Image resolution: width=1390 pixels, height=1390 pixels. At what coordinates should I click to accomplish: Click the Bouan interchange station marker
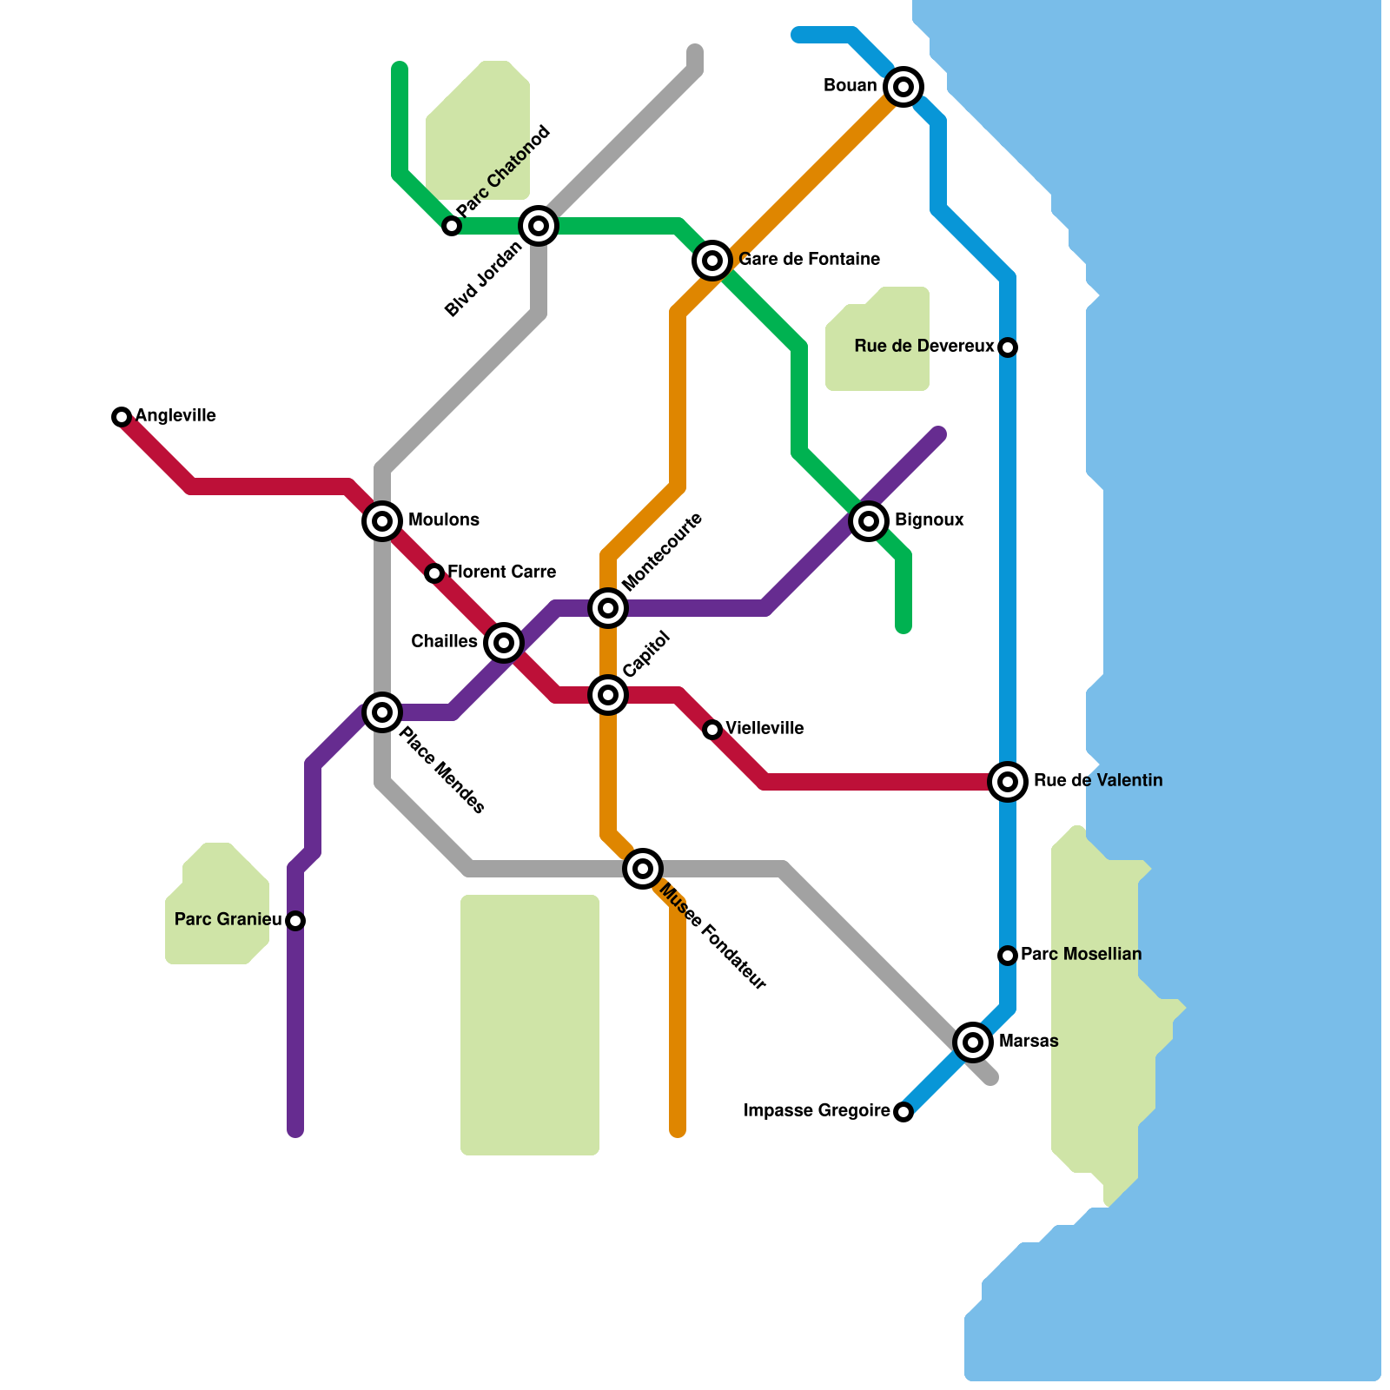pyautogui.click(x=903, y=87)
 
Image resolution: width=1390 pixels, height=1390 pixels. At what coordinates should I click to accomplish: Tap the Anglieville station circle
pyautogui.click(x=122, y=417)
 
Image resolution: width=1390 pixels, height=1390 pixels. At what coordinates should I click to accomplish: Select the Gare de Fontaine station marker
pyautogui.click(x=712, y=260)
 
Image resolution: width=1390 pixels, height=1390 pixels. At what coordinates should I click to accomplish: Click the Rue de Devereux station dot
pyautogui.click(x=1008, y=347)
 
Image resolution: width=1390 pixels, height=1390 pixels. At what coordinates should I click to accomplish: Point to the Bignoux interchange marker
pyautogui.click(x=869, y=521)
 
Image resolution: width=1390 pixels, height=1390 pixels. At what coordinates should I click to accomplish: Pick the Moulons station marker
pyautogui.click(x=382, y=521)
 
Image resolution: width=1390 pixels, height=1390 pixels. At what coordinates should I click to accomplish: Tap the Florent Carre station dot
pyautogui.click(x=434, y=573)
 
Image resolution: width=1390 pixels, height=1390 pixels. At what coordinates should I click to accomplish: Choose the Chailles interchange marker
pyautogui.click(x=504, y=643)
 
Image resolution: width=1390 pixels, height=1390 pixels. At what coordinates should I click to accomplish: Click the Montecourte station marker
pyautogui.click(x=608, y=608)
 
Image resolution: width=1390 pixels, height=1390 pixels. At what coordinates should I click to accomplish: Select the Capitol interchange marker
pyautogui.click(x=608, y=695)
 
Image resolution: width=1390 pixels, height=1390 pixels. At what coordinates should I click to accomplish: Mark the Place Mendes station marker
pyautogui.click(x=382, y=712)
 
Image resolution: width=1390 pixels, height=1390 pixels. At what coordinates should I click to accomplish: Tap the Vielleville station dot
pyautogui.click(x=712, y=730)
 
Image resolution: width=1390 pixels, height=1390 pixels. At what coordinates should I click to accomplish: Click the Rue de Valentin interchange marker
pyautogui.click(x=1008, y=782)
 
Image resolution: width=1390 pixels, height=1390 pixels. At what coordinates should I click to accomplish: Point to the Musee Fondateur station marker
pyautogui.click(x=643, y=868)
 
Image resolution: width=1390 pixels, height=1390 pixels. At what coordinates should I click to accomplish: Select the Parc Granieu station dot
pyautogui.click(x=295, y=921)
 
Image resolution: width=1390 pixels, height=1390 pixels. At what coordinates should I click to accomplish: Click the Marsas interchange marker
pyautogui.click(x=973, y=1042)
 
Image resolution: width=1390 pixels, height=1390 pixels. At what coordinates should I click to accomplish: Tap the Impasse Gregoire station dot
pyautogui.click(x=903, y=1112)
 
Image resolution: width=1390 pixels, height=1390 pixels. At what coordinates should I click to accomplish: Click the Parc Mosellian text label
pyautogui.click(x=1081, y=955)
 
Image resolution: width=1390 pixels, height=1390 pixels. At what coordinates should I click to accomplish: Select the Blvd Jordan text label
pyautogui.click(x=484, y=279)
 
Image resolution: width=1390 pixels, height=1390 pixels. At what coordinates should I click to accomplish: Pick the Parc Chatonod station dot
pyautogui.click(x=452, y=226)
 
